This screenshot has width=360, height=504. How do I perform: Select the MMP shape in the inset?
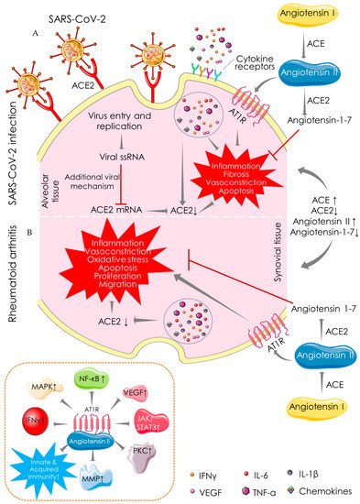point(116,473)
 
